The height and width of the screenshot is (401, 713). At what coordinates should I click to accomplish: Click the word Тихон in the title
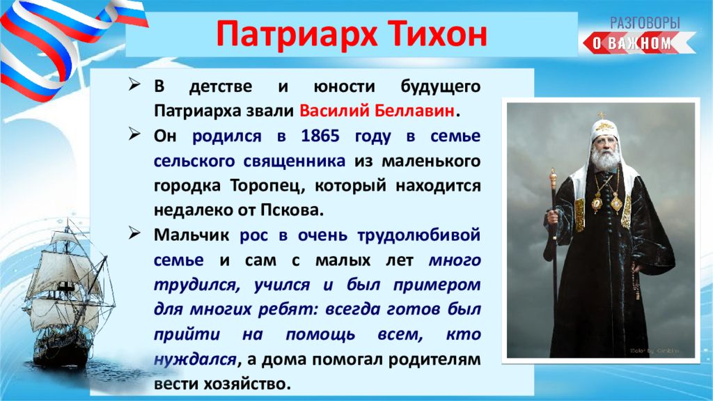(437, 33)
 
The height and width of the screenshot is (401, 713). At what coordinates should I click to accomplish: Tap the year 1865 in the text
(320, 136)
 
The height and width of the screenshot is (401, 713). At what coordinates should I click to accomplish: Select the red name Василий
(334, 111)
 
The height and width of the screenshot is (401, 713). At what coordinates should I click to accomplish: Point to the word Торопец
(264, 186)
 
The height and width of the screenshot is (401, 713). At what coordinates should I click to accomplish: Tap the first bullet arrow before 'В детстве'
(134, 84)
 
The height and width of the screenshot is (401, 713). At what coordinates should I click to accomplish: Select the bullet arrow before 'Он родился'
(134, 134)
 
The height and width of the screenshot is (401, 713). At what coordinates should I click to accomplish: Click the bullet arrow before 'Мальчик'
(134, 233)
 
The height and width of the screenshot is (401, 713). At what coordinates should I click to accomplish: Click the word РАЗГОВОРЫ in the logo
(645, 23)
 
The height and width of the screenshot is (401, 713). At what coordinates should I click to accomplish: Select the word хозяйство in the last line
(246, 384)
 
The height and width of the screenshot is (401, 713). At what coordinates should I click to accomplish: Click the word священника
(294, 162)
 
